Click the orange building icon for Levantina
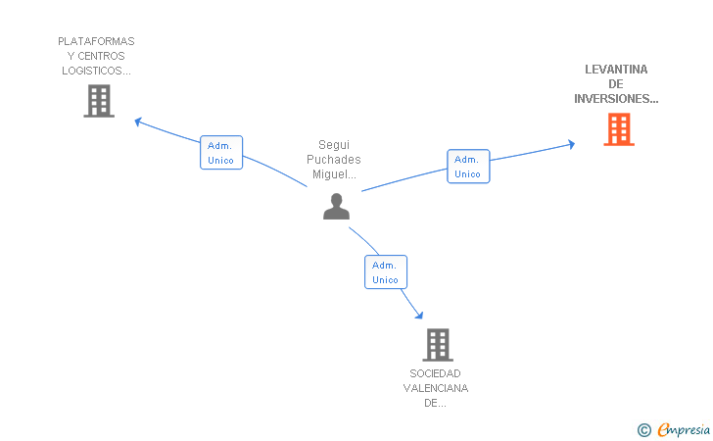[x=619, y=129]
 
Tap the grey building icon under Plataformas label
[x=99, y=101]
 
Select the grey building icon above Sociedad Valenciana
[x=438, y=345]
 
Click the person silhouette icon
[x=337, y=207]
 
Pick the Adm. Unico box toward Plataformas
[x=221, y=153]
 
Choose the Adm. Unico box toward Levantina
[x=468, y=167]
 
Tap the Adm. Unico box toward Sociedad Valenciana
[x=386, y=272]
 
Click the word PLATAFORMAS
[x=96, y=41]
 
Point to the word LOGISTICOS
[x=93, y=71]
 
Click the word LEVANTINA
[x=616, y=70]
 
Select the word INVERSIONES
[x=611, y=99]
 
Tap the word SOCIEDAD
[x=435, y=373]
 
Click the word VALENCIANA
[x=436, y=388]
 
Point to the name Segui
[x=334, y=145]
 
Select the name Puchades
[x=334, y=160]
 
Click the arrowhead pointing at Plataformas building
[x=138, y=122]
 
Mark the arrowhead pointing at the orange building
[x=572, y=144]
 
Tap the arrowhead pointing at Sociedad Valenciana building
[x=420, y=315]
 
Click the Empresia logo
[x=684, y=429]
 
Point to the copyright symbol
[x=643, y=430]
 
